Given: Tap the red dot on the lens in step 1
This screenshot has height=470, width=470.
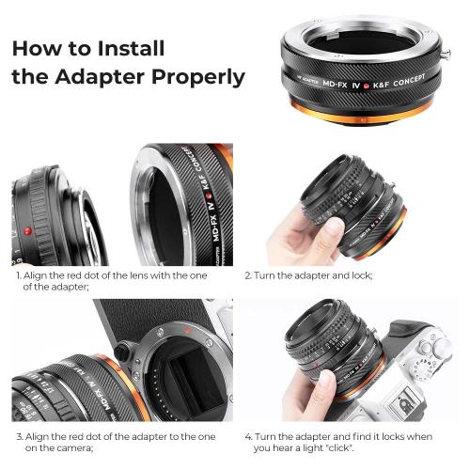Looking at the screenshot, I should [x=29, y=230].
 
